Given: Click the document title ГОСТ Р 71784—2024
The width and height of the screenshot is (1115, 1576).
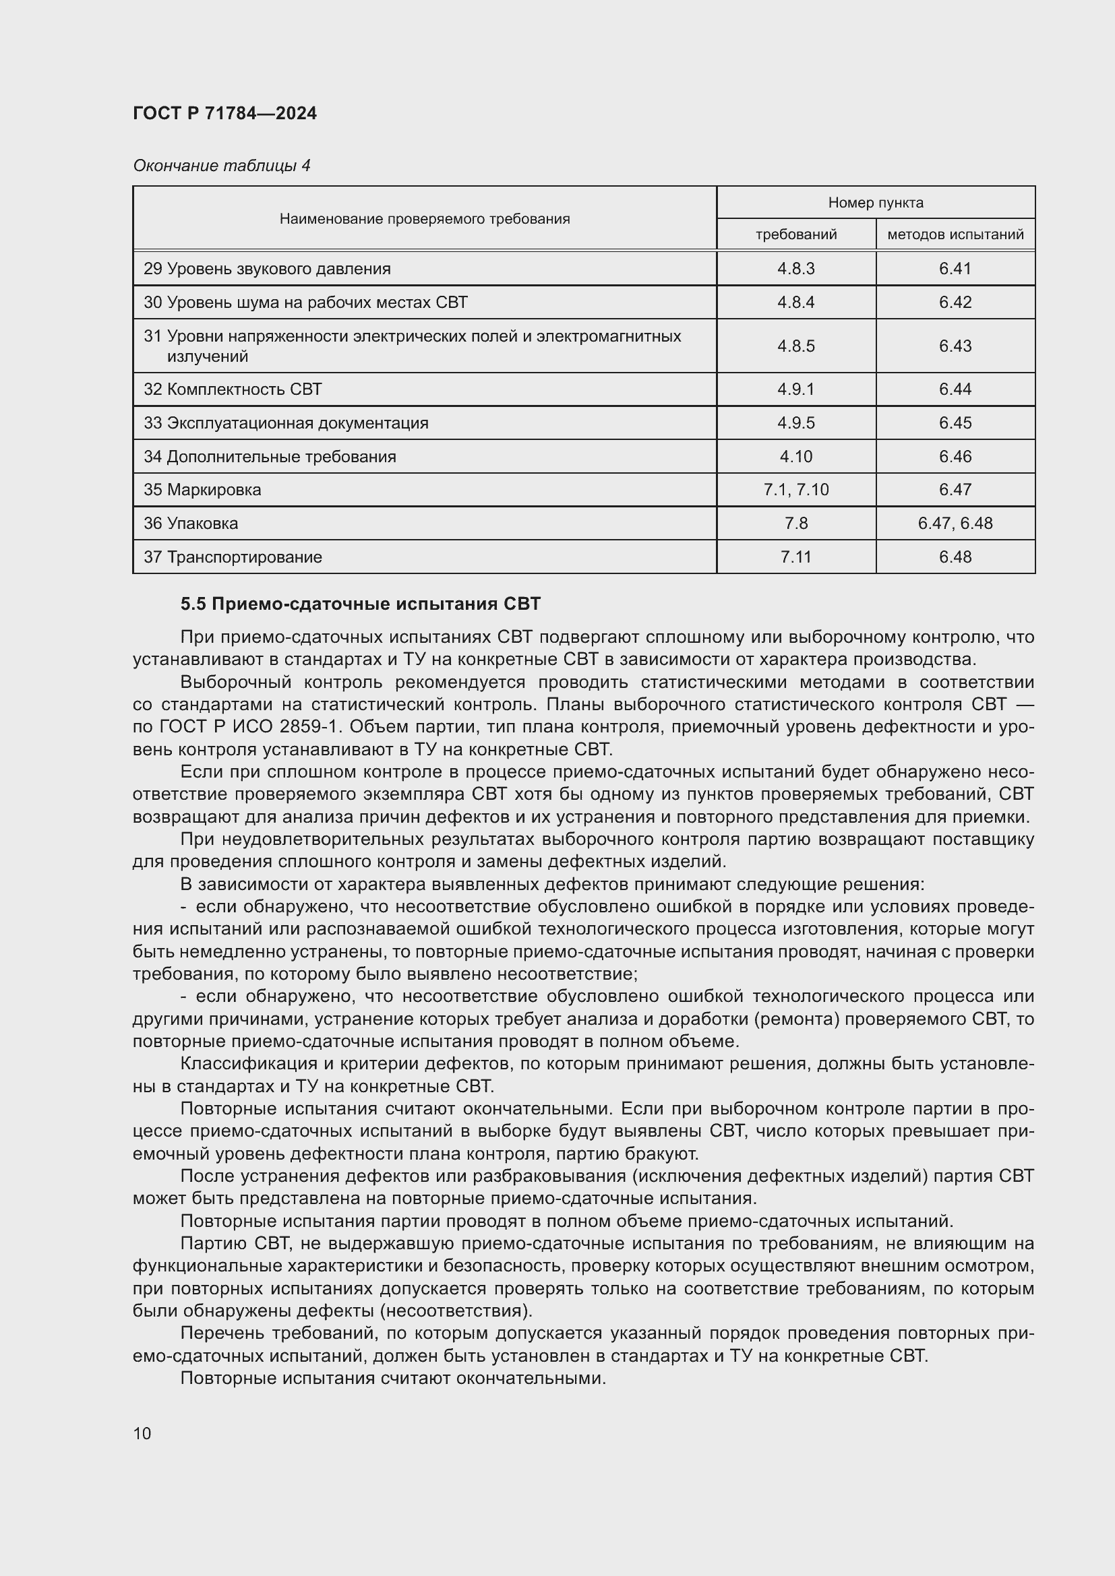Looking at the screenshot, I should pyautogui.click(x=224, y=113).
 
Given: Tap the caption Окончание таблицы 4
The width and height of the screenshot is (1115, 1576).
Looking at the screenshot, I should pyautogui.click(x=221, y=166).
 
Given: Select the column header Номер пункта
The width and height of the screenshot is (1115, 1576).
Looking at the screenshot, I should pyautogui.click(x=876, y=203).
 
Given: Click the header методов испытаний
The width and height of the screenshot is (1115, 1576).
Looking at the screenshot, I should pyautogui.click(x=955, y=234).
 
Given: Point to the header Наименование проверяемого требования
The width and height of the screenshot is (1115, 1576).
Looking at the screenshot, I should pyautogui.click(x=424, y=219).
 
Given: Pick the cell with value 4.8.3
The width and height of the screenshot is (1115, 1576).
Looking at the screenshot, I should pyautogui.click(x=795, y=268).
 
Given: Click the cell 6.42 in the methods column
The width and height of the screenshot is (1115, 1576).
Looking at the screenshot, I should pyautogui.click(x=955, y=302).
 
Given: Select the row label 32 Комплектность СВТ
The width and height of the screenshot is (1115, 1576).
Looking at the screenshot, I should pyautogui.click(x=233, y=389).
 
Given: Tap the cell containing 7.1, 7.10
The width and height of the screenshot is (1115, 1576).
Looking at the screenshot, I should pyautogui.click(x=795, y=489).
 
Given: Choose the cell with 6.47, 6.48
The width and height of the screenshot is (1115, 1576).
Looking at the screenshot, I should pyautogui.click(x=955, y=523).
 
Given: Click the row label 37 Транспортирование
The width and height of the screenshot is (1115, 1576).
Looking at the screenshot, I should pyautogui.click(x=233, y=557).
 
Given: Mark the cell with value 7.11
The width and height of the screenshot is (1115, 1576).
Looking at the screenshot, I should pyautogui.click(x=795, y=557).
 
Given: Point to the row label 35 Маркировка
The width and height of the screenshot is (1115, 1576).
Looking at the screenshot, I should pyautogui.click(x=202, y=489).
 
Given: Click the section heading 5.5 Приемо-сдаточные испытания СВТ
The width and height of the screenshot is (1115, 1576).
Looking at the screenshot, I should pyautogui.click(x=361, y=604).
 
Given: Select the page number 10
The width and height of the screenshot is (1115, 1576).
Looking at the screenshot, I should pyautogui.click(x=142, y=1433).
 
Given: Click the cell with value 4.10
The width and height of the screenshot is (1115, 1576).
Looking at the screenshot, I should pyautogui.click(x=795, y=456).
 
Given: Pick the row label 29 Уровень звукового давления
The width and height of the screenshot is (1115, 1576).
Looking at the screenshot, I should pyautogui.click(x=267, y=268).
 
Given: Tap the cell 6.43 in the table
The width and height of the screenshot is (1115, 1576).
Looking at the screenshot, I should pyautogui.click(x=955, y=346).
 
